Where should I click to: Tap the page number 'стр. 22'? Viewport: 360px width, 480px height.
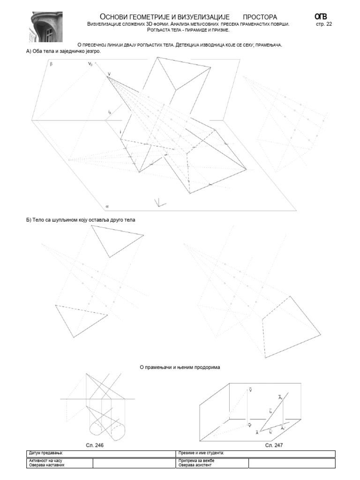pyautogui.click(x=324, y=24)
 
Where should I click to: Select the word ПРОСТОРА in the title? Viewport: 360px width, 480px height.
pyautogui.click(x=260, y=17)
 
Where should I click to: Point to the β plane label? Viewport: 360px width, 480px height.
pyautogui.click(x=51, y=67)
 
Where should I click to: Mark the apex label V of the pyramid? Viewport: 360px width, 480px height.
pyautogui.click(x=109, y=74)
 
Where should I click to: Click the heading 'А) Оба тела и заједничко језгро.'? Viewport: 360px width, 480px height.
pyautogui.click(x=63, y=52)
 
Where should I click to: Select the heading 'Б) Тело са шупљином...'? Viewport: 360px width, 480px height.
pyautogui.click(x=81, y=219)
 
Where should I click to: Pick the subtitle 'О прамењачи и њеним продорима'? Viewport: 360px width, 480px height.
pyautogui.click(x=180, y=367)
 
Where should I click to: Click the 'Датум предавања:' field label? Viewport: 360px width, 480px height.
pyautogui.click(x=45, y=453)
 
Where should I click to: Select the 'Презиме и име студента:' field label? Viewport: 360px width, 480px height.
pyautogui.click(x=201, y=453)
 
